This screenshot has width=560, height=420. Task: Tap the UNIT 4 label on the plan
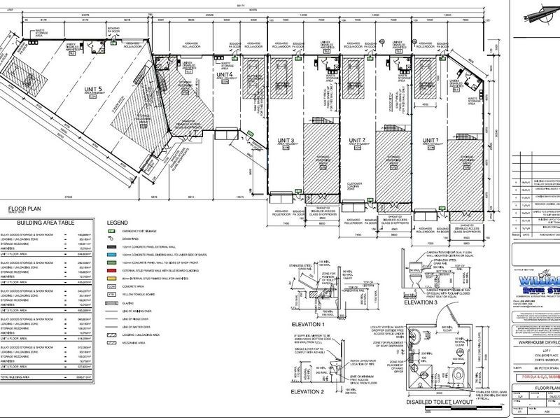point(224,74)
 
